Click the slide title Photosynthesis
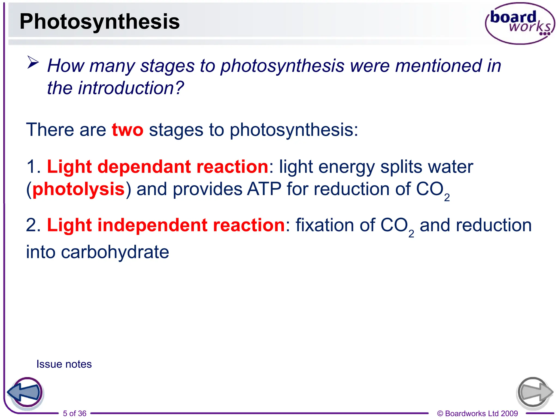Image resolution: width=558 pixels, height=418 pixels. point(99,22)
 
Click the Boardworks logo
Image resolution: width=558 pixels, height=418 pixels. point(520,23)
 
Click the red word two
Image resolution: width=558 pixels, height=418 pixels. point(127,130)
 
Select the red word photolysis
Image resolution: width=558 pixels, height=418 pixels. point(78,189)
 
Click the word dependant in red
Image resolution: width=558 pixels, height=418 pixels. point(144,167)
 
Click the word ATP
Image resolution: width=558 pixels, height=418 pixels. point(264,189)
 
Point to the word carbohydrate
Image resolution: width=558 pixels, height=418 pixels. point(115,252)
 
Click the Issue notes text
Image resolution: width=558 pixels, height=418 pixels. point(64,364)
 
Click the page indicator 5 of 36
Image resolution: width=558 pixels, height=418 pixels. point(74,413)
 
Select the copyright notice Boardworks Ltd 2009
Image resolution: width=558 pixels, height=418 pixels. point(477,413)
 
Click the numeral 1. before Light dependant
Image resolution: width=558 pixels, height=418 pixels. point(33,167)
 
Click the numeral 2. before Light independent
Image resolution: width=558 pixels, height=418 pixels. point(33,225)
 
